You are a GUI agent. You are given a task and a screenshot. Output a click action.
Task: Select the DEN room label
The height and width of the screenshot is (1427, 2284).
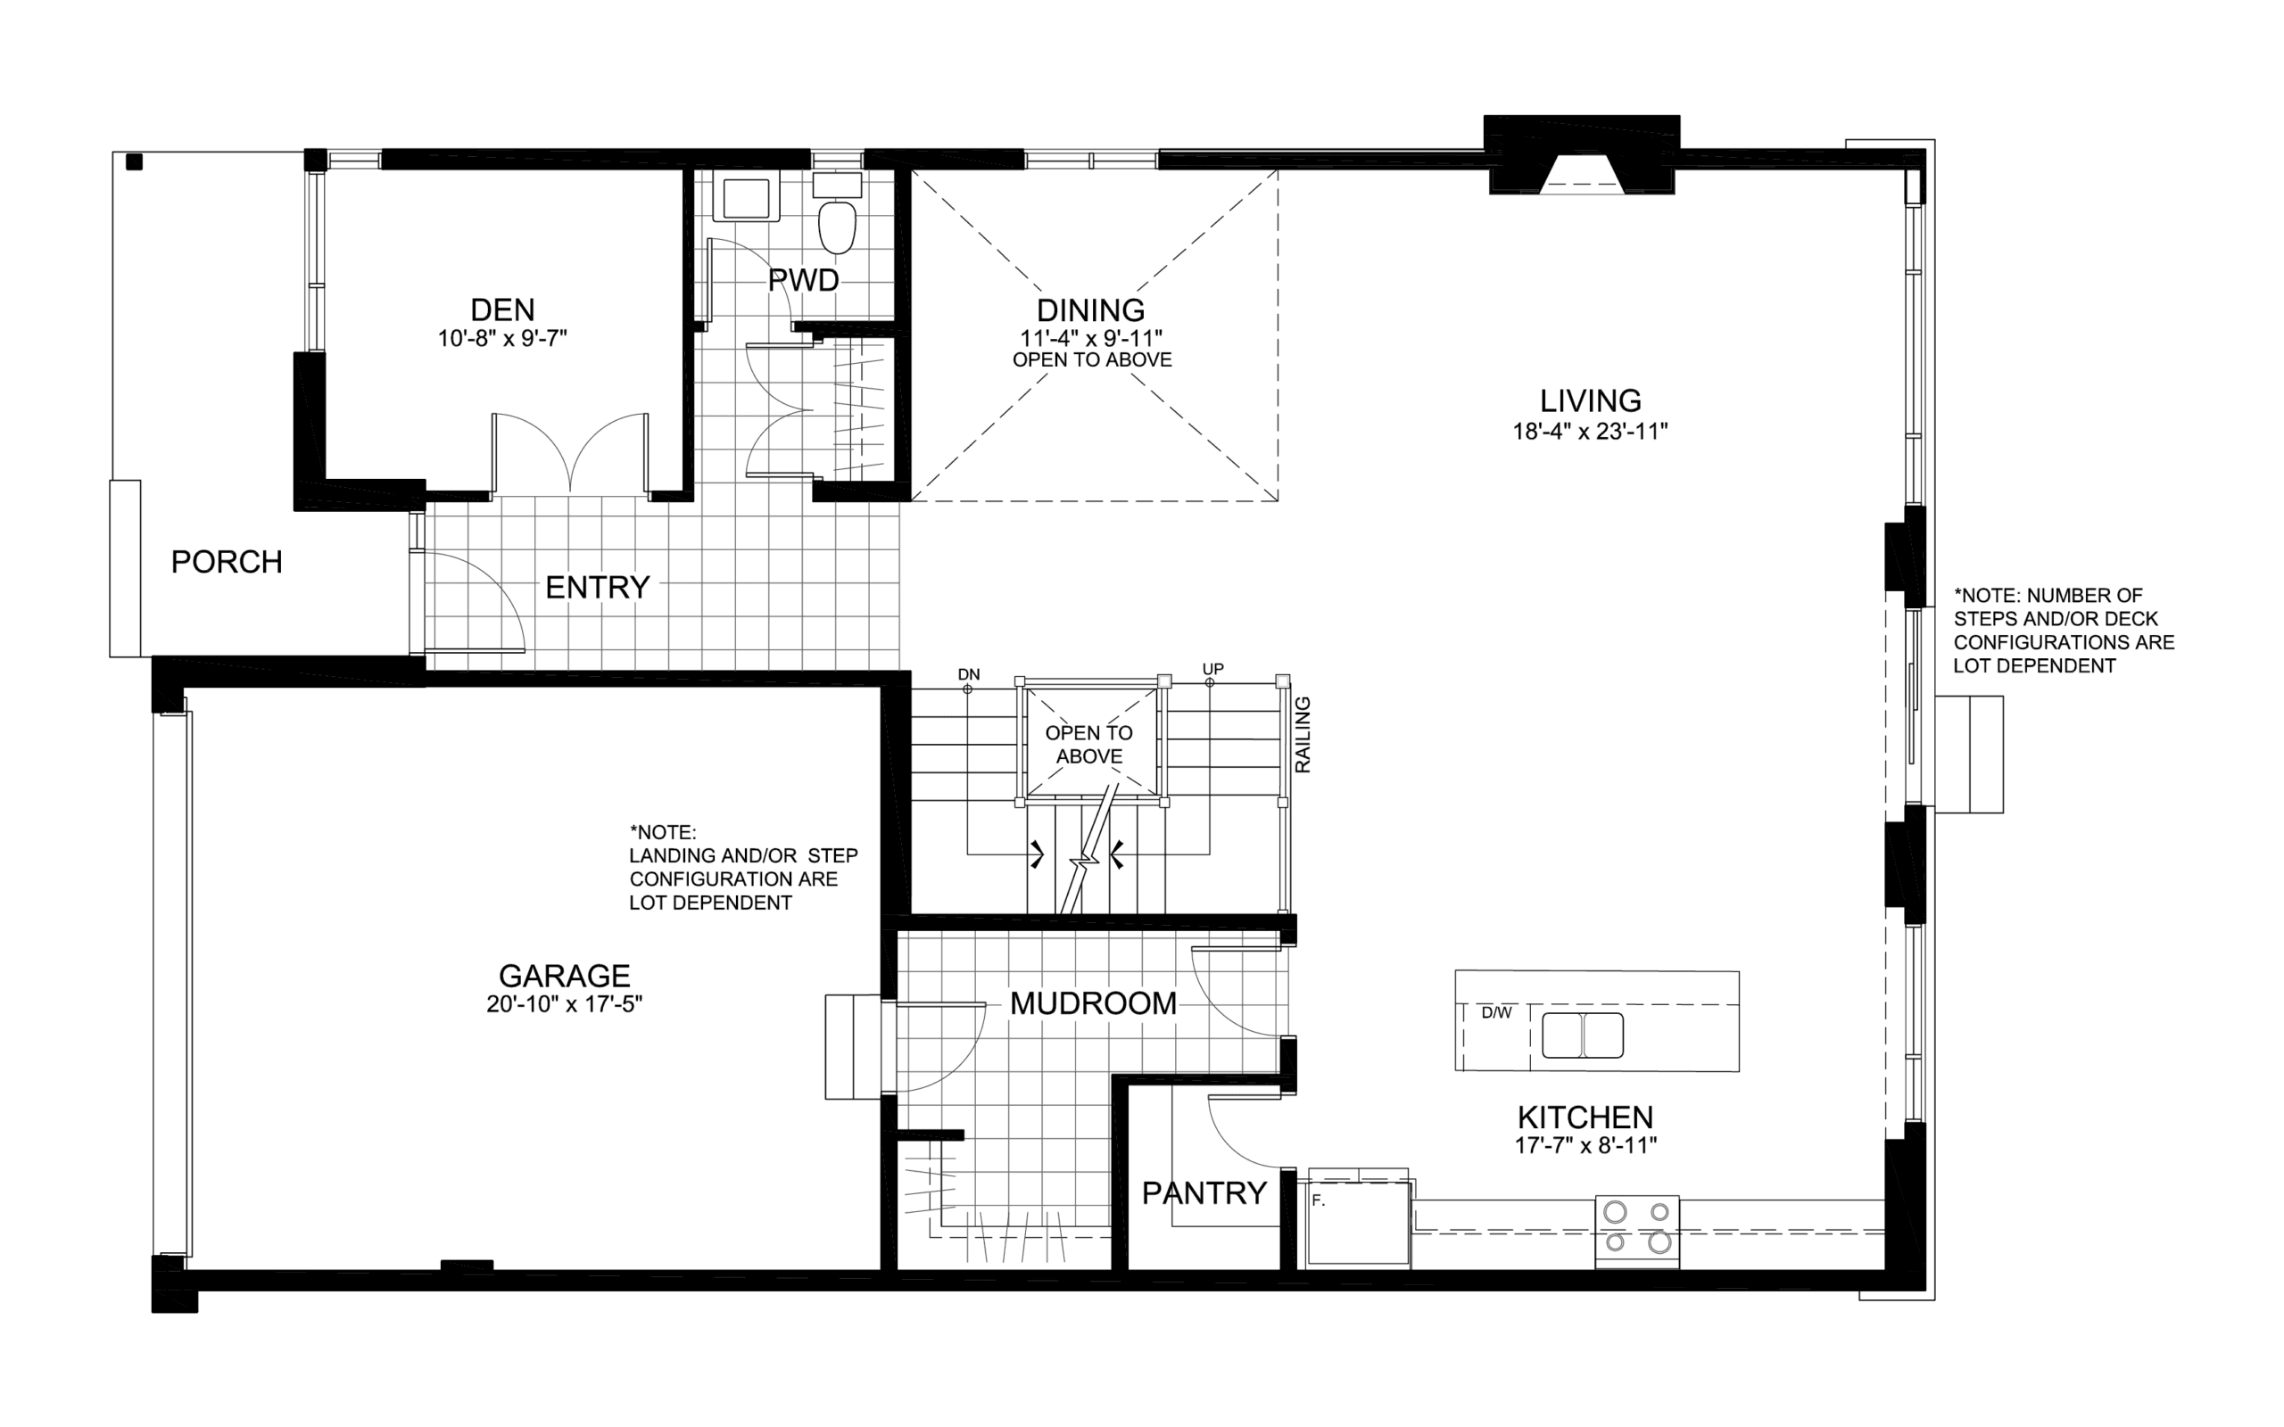pos(502,309)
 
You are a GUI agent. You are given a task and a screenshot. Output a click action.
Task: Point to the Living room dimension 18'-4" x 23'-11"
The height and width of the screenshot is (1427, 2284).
pos(1590,432)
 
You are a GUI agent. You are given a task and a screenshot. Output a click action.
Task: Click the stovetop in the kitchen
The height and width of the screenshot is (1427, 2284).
pos(1636,1231)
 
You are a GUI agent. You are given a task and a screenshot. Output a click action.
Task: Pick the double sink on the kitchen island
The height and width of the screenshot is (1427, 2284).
pos(1583,1035)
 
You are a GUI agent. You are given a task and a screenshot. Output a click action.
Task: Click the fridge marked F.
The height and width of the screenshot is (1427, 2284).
pos(1358,1223)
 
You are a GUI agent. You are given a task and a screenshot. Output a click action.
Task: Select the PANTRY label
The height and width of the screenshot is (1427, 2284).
pos(1204,1193)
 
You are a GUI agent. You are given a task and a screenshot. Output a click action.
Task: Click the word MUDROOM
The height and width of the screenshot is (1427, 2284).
pos(1093,1003)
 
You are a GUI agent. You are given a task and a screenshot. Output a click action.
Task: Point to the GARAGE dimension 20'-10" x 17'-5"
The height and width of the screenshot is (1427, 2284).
pos(565,1004)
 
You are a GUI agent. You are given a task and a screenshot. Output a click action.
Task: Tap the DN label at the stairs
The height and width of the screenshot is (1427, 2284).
pos(969,674)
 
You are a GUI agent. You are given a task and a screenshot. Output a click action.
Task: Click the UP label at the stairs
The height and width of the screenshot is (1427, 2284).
pos(1212,669)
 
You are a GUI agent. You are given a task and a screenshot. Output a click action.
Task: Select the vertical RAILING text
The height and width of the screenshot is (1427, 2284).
pos(1303,735)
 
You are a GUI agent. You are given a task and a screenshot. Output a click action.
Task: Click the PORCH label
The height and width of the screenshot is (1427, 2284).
pos(227,563)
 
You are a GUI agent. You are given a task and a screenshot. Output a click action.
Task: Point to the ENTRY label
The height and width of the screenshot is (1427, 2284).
pos(598,588)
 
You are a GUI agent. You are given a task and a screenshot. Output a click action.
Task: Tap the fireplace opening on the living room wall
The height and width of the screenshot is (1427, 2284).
pos(1582,175)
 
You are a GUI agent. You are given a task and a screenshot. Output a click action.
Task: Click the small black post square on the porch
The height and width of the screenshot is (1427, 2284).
pos(134,161)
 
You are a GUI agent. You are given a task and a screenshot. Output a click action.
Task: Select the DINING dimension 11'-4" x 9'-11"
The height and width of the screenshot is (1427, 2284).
pos(1091,338)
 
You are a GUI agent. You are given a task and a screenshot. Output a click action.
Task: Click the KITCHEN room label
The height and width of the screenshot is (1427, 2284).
pos(1585,1118)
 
